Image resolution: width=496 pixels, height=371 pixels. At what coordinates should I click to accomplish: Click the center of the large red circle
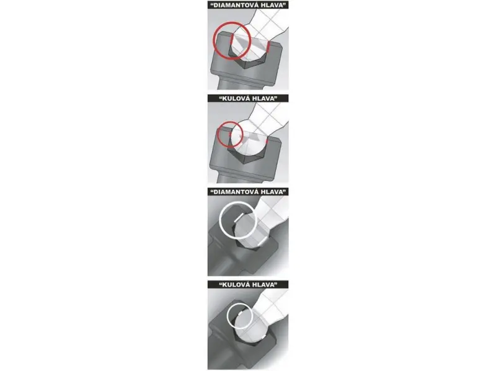coord(232,41)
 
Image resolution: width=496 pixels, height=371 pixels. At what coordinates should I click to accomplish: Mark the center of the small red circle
coord(230,135)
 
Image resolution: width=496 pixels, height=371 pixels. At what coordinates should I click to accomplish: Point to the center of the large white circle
coord(238,220)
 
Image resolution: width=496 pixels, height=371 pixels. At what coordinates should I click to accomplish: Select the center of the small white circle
coord(240,317)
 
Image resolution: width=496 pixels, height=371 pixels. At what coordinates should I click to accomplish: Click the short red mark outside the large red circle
coord(268,47)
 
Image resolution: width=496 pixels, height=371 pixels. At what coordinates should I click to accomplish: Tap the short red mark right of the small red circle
coord(268,140)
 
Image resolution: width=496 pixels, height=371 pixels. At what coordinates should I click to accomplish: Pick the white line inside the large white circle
coord(239,217)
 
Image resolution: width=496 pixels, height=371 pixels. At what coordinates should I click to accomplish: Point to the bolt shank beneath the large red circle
coord(235,83)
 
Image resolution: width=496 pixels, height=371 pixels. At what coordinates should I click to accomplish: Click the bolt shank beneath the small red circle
coord(235,178)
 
